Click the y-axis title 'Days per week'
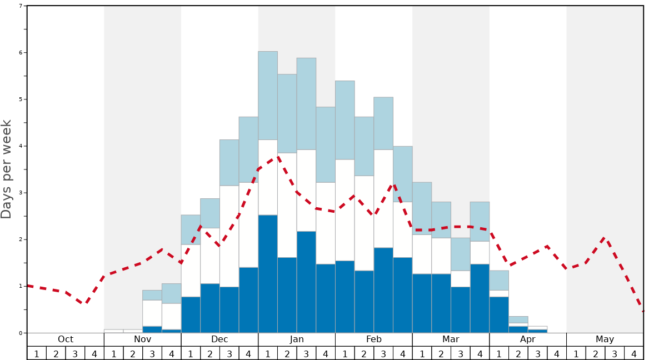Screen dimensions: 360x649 [x=7, y=169]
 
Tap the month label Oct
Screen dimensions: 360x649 [x=66, y=339]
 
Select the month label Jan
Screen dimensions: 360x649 [x=297, y=339]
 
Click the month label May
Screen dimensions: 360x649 [x=605, y=339]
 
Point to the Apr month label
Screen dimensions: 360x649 [x=528, y=339]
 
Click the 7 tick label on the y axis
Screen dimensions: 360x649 [x=21, y=6]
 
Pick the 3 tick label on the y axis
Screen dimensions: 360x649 [x=21, y=193]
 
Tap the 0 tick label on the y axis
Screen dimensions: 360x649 [x=21, y=333]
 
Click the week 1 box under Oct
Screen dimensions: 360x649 [x=37, y=353]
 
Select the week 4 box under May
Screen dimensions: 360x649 [x=634, y=353]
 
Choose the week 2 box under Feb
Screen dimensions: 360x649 [x=364, y=353]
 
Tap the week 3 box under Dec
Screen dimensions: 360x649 [x=229, y=353]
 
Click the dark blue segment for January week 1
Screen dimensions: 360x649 [x=268, y=274]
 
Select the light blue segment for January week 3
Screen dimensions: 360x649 [x=306, y=104]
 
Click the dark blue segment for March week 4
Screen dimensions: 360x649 [x=480, y=298]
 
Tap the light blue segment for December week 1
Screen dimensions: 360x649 [x=191, y=229]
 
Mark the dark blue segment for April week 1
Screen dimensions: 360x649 [x=499, y=315]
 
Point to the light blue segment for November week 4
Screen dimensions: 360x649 [x=171, y=293]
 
